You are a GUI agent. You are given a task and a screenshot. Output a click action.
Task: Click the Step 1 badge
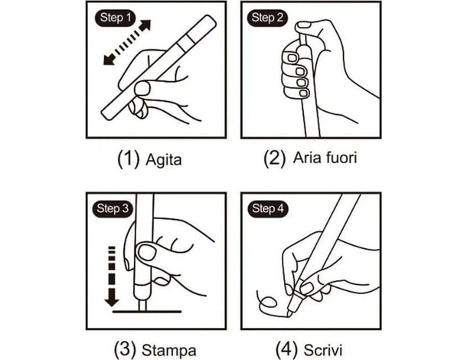[x=115, y=18]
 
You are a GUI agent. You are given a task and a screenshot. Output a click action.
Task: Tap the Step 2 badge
[x=267, y=18]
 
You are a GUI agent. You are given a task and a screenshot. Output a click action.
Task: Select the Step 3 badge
[x=113, y=208]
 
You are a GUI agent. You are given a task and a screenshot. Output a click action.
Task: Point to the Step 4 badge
[x=267, y=208]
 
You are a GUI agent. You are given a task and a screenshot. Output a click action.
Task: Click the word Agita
[x=164, y=160]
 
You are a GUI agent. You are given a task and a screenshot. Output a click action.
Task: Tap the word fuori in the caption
[x=341, y=158]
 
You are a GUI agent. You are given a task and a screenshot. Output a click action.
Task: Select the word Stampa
[x=169, y=351]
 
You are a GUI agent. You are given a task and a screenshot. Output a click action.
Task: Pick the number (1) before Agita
[x=129, y=159]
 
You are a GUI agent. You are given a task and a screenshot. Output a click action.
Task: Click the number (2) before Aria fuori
[x=275, y=159]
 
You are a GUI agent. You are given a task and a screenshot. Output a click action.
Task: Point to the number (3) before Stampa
[x=125, y=349]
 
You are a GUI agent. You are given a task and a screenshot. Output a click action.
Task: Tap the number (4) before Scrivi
[x=286, y=349]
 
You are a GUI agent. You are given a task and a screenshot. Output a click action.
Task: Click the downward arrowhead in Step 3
[x=112, y=297]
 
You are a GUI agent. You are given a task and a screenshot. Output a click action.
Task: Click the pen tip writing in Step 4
[x=287, y=314]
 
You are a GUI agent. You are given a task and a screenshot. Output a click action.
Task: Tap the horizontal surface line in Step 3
[x=147, y=312]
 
